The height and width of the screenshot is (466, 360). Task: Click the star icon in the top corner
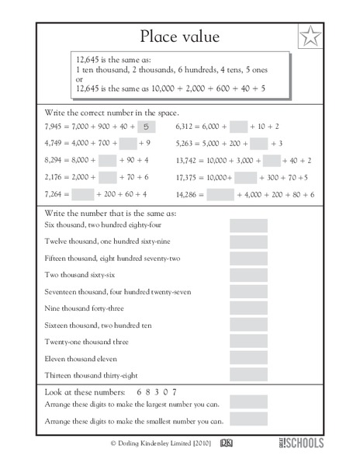pyautogui.click(x=311, y=36)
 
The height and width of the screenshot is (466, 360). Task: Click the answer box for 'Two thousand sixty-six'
pyautogui.click(x=248, y=275)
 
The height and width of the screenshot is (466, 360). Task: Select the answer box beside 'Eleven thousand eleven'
pyautogui.click(x=248, y=356)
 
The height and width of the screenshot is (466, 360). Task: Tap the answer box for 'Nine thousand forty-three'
pyautogui.click(x=248, y=308)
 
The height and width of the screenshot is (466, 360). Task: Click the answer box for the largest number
pyautogui.click(x=248, y=402)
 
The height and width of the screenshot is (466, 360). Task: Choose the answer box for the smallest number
pyautogui.click(x=248, y=420)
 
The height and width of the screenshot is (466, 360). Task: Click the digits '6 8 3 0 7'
pyautogui.click(x=156, y=389)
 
